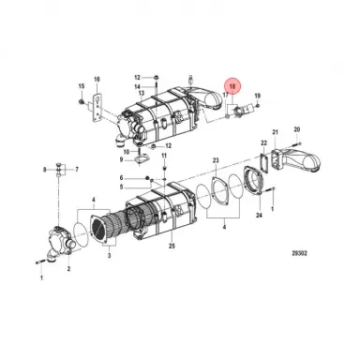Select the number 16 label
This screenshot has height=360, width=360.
[x=96, y=79]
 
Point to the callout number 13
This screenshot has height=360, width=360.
[x=140, y=94]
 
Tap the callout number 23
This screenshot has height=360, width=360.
[x=215, y=161]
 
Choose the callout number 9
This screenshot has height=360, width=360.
[x=44, y=170]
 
